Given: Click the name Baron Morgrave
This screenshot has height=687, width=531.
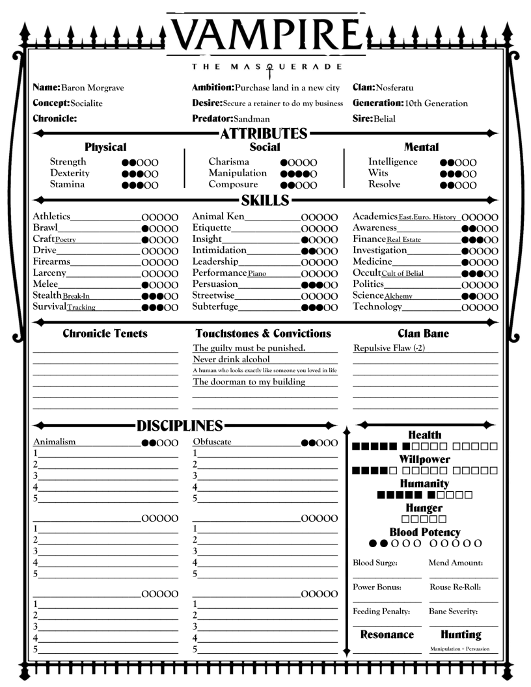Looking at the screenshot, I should pyautogui.click(x=92, y=88).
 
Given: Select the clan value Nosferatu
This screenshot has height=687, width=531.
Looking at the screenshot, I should pyautogui.click(x=394, y=88).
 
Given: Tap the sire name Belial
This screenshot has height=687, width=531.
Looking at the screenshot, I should pyautogui.click(x=385, y=119).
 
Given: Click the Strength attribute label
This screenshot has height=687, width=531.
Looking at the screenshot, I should pyautogui.click(x=68, y=162).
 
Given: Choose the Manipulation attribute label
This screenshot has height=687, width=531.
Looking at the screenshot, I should pyautogui.click(x=238, y=173).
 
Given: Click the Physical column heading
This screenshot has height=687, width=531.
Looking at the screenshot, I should pyautogui.click(x=105, y=148).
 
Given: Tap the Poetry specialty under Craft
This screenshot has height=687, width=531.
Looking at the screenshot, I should pyautogui.click(x=65, y=239).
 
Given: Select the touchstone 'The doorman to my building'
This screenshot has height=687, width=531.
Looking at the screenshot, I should pyautogui.click(x=249, y=382).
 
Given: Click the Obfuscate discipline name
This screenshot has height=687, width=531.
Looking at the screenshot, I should pyautogui.click(x=212, y=442).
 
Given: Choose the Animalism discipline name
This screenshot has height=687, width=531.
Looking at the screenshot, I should pyautogui.click(x=55, y=442).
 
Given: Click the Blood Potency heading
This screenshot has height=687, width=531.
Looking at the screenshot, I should pyautogui.click(x=425, y=532).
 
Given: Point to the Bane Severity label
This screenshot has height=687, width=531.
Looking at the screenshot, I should pyautogui.click(x=454, y=612).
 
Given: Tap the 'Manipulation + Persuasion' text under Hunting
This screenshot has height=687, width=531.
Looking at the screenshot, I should pyautogui.click(x=461, y=649).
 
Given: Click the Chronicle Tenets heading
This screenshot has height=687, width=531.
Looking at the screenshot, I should pyautogui.click(x=105, y=334).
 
